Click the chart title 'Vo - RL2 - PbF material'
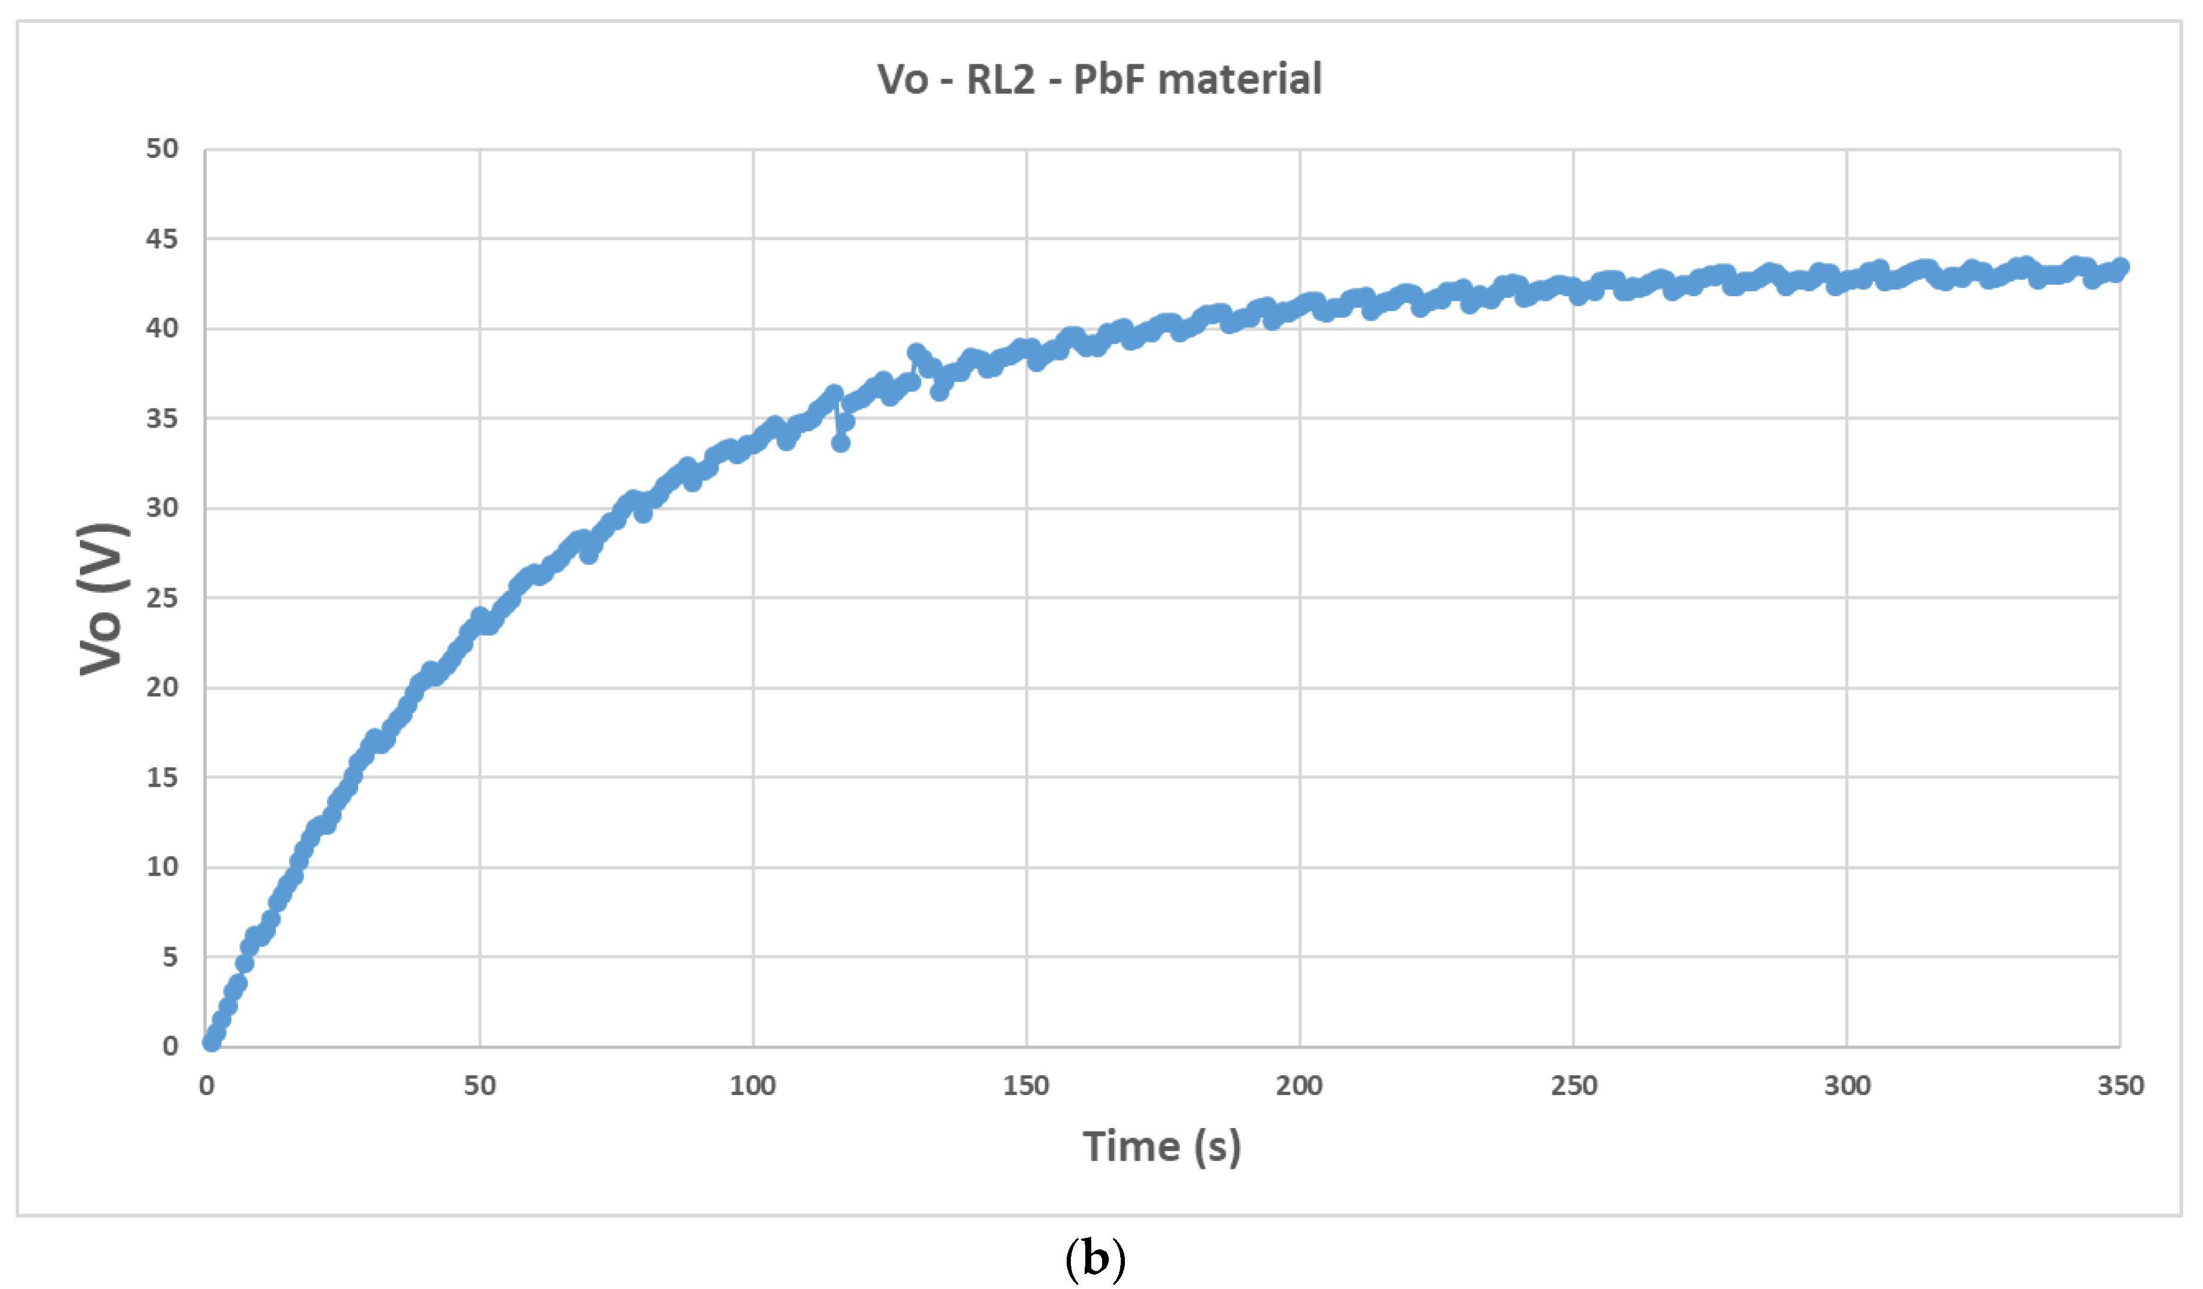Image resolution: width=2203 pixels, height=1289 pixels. pos(1099,79)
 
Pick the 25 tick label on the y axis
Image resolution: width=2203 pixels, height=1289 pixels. pos(162,599)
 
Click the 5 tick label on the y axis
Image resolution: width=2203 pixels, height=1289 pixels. pos(169,957)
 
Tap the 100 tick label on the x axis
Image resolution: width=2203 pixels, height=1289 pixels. pos(753,1086)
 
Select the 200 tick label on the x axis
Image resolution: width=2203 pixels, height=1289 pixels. pos(1299,1086)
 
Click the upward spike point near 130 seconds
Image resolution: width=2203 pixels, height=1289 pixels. pos(915,352)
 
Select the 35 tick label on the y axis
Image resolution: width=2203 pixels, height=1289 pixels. pos(162,419)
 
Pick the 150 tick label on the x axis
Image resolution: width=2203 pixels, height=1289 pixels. pos(1025,1086)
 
